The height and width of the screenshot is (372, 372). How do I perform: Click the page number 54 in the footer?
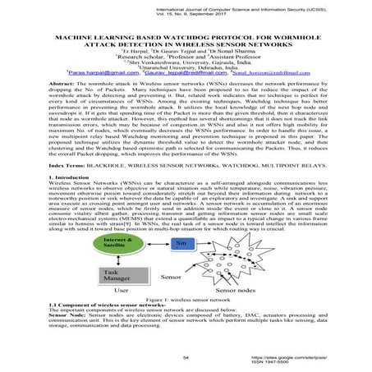[186, 359]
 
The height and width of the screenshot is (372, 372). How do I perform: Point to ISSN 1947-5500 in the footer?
[317, 364]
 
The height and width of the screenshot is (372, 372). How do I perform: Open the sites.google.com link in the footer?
[317, 358]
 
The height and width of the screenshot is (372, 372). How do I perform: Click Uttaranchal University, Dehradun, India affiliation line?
[186, 66]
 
